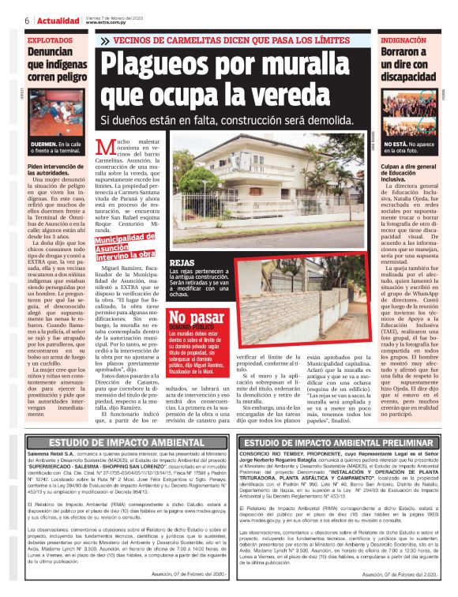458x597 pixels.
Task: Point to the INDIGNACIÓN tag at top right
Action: tap(407, 39)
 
